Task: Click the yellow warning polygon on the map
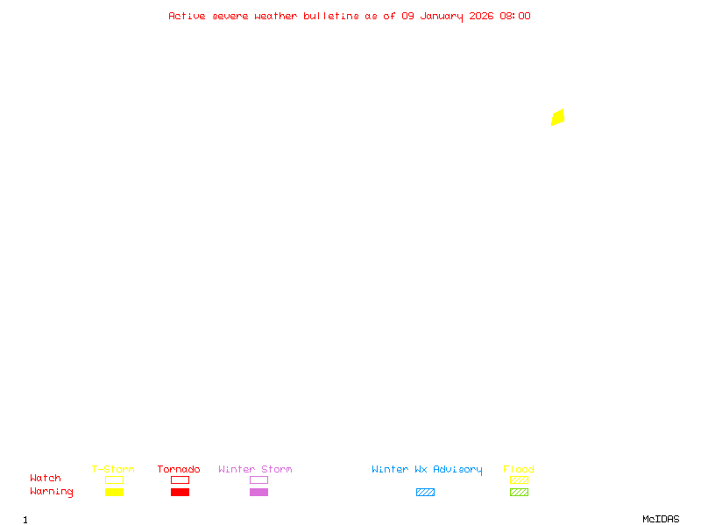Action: pyautogui.click(x=557, y=117)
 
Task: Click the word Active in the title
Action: pyautogui.click(x=188, y=16)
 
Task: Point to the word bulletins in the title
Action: pyautogui.click(x=331, y=16)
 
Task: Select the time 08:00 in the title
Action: pyautogui.click(x=515, y=16)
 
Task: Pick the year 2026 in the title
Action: pyautogui.click(x=482, y=16)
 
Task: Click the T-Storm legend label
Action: pyautogui.click(x=113, y=469)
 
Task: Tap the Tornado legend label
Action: pyautogui.click(x=179, y=469)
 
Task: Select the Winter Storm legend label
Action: pyautogui.click(x=255, y=469)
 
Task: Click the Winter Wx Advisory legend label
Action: pyautogui.click(x=427, y=469)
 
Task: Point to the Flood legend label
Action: pyautogui.click(x=519, y=469)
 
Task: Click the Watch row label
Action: pyautogui.click(x=46, y=479)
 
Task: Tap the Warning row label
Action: pyautogui.click(x=52, y=492)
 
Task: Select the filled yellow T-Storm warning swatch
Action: pyautogui.click(x=114, y=492)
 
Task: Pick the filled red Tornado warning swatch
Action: pyautogui.click(x=180, y=492)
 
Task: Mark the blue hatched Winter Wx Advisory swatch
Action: pyautogui.click(x=425, y=492)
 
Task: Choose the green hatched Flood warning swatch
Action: pyautogui.click(x=519, y=492)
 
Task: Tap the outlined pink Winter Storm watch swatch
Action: pyautogui.click(x=258, y=479)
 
